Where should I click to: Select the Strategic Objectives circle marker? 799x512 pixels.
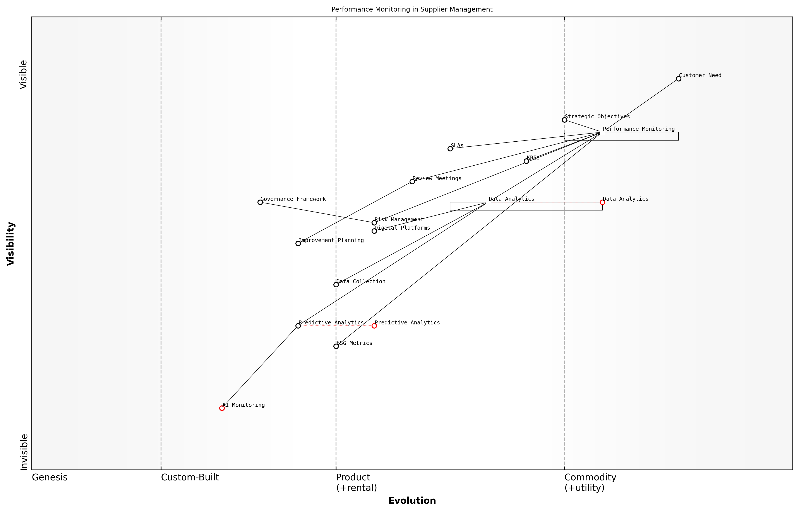564,120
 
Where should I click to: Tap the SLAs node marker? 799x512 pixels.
450,149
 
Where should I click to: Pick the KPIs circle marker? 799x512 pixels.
526,161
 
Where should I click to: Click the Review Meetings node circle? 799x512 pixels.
412,181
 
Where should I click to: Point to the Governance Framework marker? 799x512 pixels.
260,202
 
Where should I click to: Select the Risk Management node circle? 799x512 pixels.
374,223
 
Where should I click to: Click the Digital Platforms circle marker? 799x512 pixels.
374,231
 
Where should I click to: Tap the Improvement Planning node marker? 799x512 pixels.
298,243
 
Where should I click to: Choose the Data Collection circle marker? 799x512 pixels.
336,285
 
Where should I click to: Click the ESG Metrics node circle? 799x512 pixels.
336,346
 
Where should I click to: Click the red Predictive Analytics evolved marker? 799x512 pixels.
374,326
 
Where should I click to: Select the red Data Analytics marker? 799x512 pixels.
602,202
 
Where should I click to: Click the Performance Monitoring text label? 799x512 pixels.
639,129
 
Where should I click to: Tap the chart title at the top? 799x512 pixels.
412,9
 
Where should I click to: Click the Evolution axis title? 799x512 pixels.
412,501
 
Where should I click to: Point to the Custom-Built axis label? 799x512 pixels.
190,477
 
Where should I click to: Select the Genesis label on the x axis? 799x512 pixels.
50,477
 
